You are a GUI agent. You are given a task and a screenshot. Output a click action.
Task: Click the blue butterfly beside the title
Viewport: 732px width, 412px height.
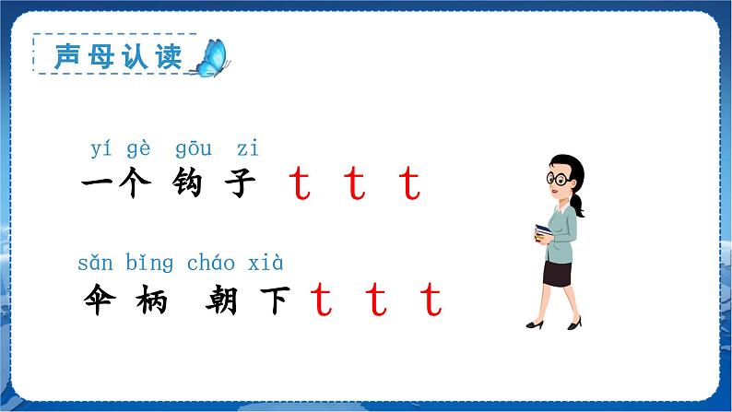pyautogui.click(x=210, y=57)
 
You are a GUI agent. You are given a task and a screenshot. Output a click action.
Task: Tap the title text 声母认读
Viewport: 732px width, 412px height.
pyautogui.click(x=112, y=55)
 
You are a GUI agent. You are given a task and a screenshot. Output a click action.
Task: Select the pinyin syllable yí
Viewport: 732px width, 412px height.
pyautogui.click(x=101, y=148)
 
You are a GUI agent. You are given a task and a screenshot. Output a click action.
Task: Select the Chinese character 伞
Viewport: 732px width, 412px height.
pyautogui.click(x=99, y=300)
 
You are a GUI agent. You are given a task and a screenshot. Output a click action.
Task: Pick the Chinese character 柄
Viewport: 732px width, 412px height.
pyautogui.click(x=148, y=300)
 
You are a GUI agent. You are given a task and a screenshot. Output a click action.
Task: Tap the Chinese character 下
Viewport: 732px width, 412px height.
pyautogui.click(x=274, y=300)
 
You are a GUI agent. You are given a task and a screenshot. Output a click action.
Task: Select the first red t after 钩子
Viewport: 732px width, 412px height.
pyautogui.click(x=300, y=185)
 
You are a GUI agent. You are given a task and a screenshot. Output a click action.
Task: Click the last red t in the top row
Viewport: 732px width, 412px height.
pyautogui.click(x=410, y=185)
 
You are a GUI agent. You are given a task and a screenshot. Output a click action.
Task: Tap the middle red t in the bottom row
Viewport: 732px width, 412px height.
pyautogui.click(x=376, y=300)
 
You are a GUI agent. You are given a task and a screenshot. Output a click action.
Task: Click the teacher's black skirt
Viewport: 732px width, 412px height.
pyautogui.click(x=558, y=273)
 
